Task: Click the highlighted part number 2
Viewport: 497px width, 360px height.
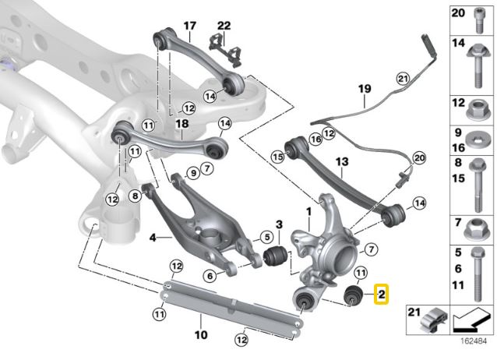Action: coord(381,295)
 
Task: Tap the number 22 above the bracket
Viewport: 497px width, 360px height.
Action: coord(224,26)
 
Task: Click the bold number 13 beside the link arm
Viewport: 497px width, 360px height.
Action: coord(340,161)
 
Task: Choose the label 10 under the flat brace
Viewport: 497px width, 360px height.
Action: coord(200,337)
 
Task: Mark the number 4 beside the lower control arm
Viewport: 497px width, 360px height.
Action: coord(152,237)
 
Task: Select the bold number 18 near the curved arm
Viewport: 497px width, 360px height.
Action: coord(182,124)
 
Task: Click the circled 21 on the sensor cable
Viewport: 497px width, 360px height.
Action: coord(403,78)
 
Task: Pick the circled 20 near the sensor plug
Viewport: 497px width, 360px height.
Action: coord(420,158)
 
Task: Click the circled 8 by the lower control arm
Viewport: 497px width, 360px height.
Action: coord(136,196)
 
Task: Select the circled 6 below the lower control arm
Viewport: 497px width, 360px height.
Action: coord(210,274)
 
